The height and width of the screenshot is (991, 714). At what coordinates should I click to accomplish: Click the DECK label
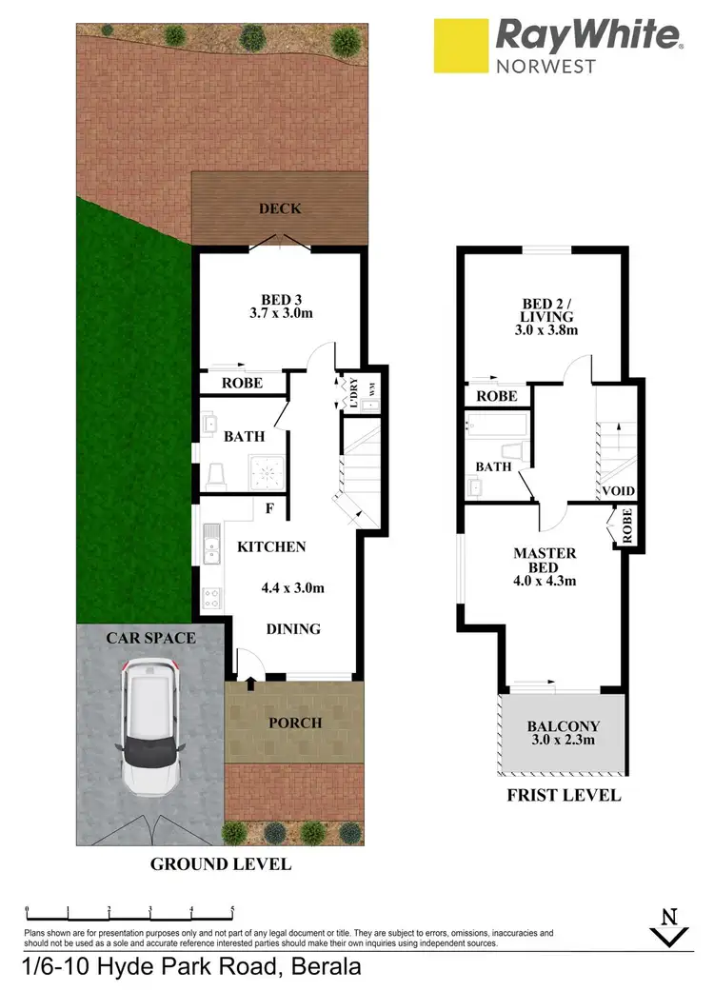[x=280, y=209]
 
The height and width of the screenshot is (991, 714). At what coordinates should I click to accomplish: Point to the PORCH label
[x=295, y=723]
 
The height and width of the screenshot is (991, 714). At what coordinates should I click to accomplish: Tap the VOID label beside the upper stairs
[x=618, y=491]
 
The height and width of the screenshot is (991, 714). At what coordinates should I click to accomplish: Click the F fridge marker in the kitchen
[x=269, y=508]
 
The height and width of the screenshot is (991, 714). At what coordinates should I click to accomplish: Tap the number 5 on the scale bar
[x=233, y=910]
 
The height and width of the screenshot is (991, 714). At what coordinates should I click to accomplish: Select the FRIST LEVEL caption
[x=564, y=795]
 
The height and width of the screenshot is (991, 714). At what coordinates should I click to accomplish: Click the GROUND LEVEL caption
[x=220, y=864]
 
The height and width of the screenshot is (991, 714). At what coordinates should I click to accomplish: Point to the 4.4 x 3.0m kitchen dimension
[x=292, y=587]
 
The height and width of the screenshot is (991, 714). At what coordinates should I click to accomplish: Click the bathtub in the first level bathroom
[x=495, y=425]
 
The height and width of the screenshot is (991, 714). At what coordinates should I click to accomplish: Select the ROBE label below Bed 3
[x=243, y=385]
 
